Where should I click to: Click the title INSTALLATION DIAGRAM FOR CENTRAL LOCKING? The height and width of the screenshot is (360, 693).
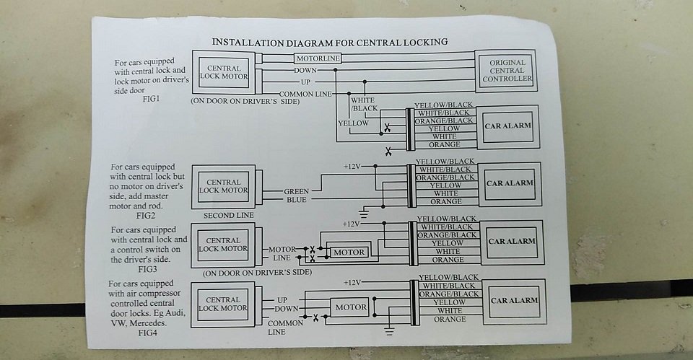328,42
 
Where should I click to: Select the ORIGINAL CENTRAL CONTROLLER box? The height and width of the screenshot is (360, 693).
507,71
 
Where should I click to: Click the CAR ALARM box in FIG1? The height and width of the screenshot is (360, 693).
508,126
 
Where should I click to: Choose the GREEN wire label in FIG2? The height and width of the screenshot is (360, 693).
296,190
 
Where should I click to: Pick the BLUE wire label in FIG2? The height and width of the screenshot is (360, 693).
296,200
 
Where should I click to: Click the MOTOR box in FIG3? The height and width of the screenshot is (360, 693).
348,252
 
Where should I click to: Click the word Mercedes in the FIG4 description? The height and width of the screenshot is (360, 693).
154,324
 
